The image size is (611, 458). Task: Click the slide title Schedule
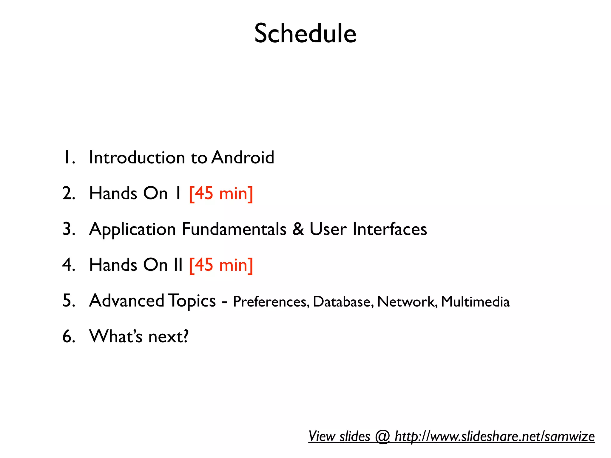[305, 33]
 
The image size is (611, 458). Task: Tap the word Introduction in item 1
[137, 157]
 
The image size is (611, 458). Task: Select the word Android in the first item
[243, 157]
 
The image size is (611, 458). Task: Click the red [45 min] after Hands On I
[221, 194]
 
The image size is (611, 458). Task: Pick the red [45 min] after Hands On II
[221, 265]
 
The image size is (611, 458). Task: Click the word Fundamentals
[234, 229]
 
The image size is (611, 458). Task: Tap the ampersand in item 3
[298, 229]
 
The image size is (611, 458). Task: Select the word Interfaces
[390, 229]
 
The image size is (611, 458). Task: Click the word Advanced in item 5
[126, 301]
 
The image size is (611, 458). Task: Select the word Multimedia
[475, 302]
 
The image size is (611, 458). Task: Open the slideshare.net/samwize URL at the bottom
[494, 437]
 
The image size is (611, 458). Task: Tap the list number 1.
[68, 158]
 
